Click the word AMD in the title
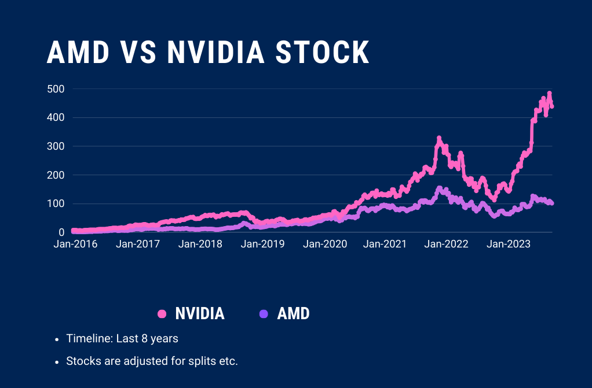pyautogui.click(x=78, y=53)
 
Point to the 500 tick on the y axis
pyautogui.click(x=56, y=89)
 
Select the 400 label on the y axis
pyautogui.click(x=56, y=117)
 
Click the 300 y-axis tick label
pyautogui.click(x=56, y=146)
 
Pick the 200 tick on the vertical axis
pyautogui.click(x=56, y=175)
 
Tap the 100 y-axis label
pyautogui.click(x=56, y=204)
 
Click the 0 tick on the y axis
pyautogui.click(x=61, y=232)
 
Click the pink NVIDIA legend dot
pyautogui.click(x=162, y=314)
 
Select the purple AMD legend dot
pyautogui.click(x=264, y=314)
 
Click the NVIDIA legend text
pyautogui.click(x=200, y=314)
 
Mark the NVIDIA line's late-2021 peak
pyautogui.click(x=439, y=138)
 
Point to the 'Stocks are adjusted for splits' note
pyautogui.click(x=152, y=361)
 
